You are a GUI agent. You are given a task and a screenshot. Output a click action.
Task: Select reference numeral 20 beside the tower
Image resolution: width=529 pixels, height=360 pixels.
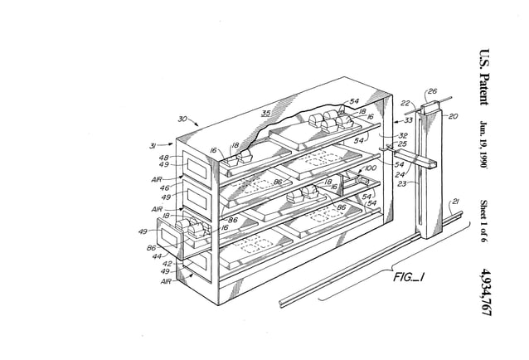(x=453, y=117)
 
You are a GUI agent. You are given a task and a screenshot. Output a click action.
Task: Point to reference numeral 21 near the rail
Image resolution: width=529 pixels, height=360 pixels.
(x=454, y=201)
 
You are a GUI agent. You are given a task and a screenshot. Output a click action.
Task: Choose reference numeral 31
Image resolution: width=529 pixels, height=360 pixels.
(x=153, y=146)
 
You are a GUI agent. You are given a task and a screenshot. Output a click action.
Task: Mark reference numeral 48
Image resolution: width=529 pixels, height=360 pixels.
(x=164, y=158)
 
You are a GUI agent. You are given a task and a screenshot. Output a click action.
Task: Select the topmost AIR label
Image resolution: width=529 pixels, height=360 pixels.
(x=157, y=178)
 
